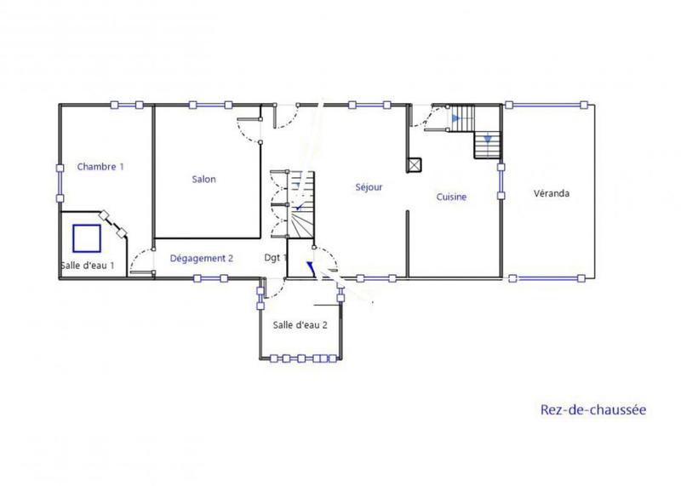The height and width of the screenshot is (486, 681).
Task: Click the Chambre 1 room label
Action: (100, 167)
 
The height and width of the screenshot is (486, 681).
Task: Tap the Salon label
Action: (203, 180)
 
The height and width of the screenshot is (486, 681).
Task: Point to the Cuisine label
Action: (452, 197)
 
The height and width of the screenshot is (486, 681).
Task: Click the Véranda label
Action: (552, 193)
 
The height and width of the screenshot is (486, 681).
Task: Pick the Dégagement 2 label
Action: (201, 258)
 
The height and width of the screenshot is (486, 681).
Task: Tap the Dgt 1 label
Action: (276, 257)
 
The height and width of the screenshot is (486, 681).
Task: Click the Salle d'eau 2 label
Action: (300, 324)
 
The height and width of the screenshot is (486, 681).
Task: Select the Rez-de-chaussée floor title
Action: (593, 409)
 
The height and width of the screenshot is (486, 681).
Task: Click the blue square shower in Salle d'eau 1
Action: (87, 237)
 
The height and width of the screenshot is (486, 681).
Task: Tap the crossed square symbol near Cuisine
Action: (415, 165)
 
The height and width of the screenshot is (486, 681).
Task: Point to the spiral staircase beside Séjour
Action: (294, 203)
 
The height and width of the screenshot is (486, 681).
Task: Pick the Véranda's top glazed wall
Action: (547, 105)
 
